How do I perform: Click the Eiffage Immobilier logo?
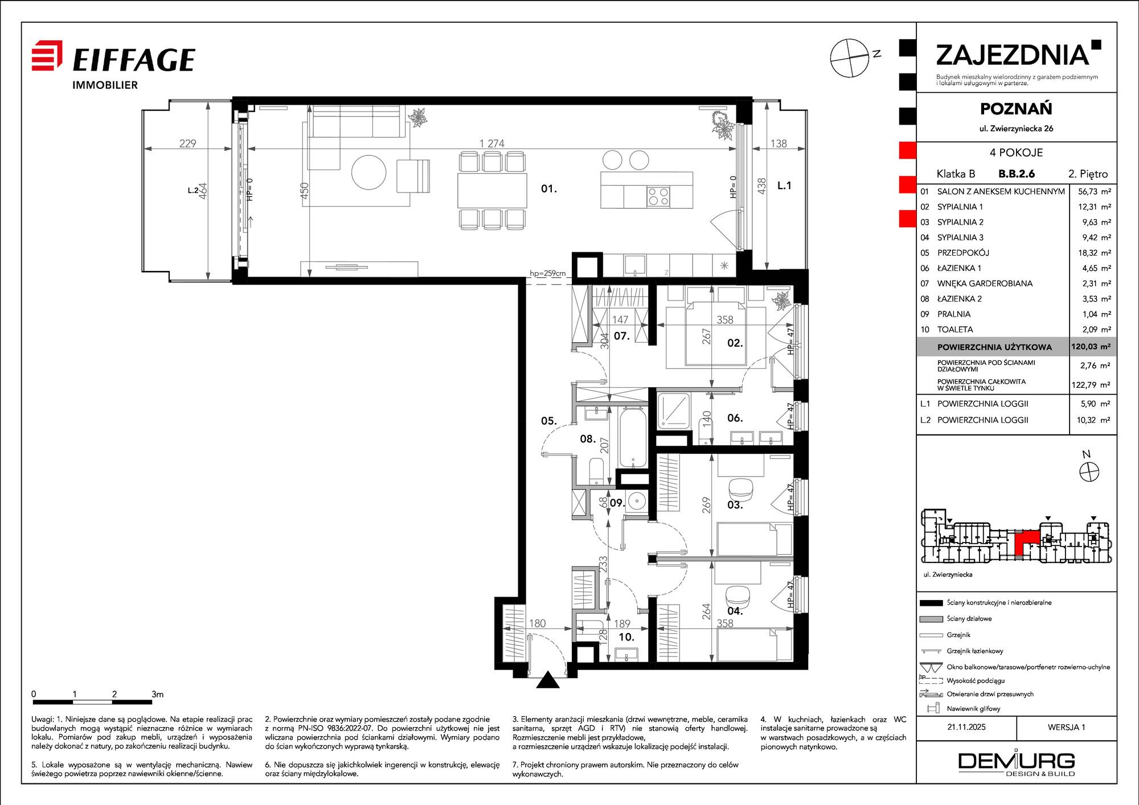coord(113,65)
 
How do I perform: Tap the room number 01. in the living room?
coord(549,188)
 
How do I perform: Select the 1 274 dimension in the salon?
coord(492,143)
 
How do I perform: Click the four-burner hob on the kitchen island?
coord(658,197)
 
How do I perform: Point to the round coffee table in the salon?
coord(369,172)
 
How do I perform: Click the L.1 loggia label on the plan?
coord(784,186)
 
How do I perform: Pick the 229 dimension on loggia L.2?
coord(187,143)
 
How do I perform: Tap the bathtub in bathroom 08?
coord(632,437)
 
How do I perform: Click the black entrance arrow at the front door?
coord(548,680)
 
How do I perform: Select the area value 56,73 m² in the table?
coord(1095,192)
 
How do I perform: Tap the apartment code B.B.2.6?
coord(1017,174)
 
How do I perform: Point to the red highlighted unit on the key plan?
coord(1027,543)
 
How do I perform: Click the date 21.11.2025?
coord(966,727)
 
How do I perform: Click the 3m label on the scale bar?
coord(157,694)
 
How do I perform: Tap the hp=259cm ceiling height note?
coord(548,273)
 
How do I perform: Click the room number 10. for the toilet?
coord(626,637)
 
